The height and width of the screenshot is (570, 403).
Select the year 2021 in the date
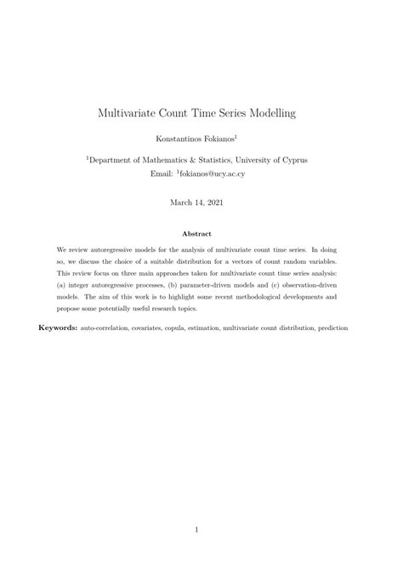(x=220, y=202)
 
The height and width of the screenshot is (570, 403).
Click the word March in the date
(x=183, y=202)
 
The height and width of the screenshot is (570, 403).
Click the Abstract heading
(x=201, y=233)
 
